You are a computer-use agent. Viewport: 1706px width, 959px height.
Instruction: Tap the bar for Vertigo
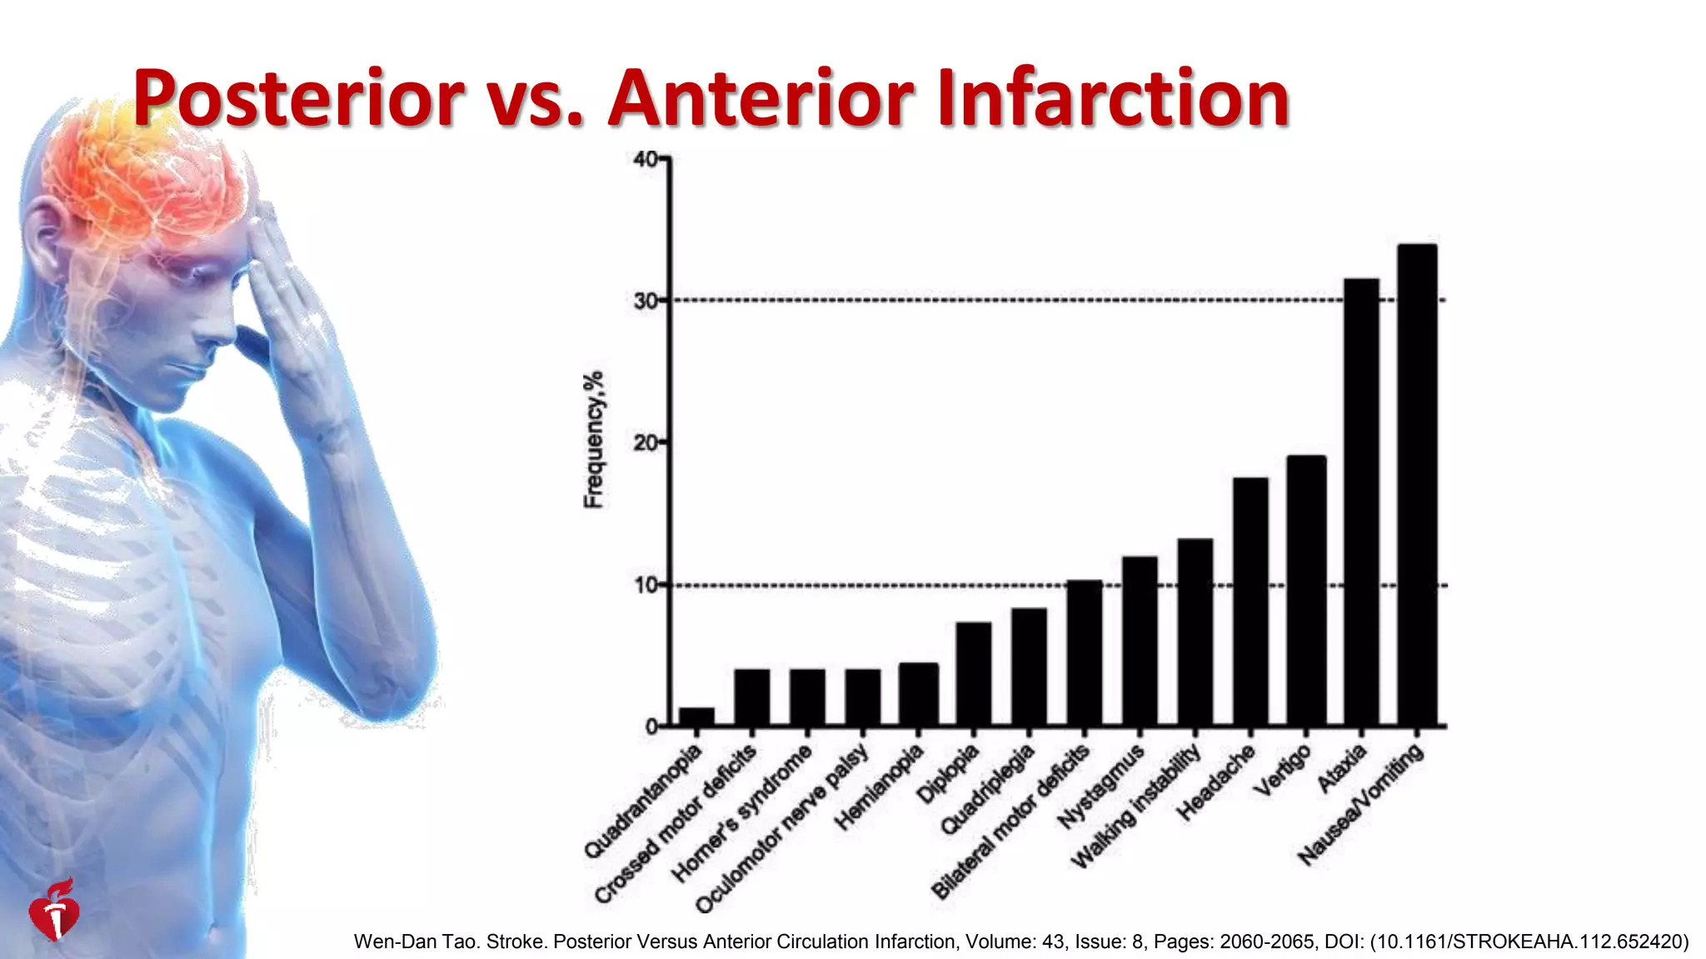(1306, 590)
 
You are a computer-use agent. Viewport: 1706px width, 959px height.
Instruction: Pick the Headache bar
(1250, 601)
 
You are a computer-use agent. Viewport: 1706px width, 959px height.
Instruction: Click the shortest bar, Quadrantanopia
(696, 717)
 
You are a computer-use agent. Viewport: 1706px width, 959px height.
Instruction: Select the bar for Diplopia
(973, 673)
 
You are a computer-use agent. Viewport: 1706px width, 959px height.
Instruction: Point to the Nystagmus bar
(1140, 641)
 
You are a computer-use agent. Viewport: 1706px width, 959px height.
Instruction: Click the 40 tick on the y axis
(646, 159)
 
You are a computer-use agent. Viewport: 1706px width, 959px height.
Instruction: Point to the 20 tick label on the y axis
(646, 443)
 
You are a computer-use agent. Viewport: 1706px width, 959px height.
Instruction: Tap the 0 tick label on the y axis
(651, 727)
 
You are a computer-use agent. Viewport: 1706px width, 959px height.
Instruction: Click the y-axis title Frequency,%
(593, 440)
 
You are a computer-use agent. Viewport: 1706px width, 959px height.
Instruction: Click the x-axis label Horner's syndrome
(741, 813)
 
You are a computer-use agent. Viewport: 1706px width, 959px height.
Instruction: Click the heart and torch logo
(55, 912)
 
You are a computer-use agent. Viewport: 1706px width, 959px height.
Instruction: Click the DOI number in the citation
(1529, 942)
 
